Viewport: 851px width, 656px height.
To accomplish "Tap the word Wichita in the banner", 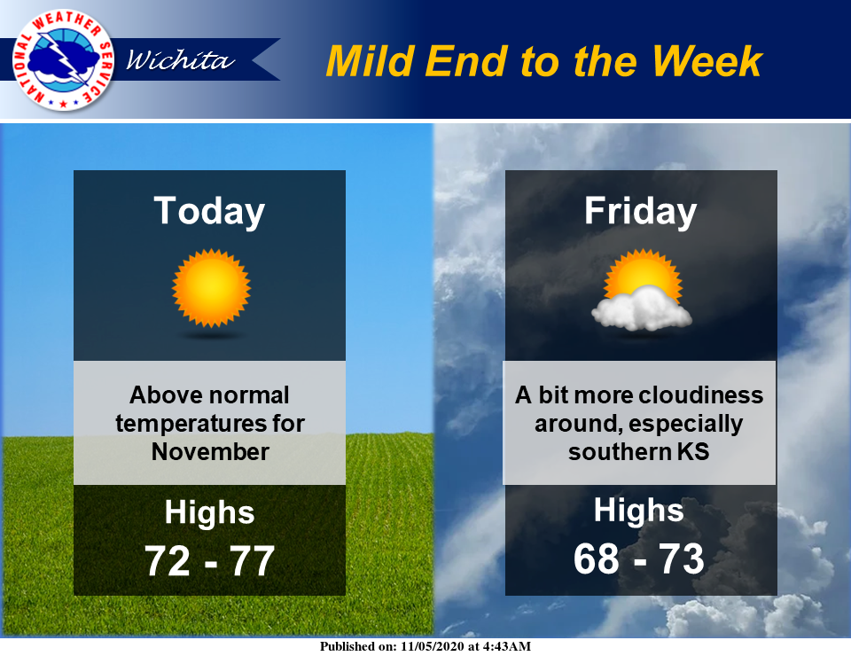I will click(x=180, y=60).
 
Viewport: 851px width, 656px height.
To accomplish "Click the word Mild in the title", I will click(x=370, y=60).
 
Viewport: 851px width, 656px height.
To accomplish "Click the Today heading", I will click(x=209, y=211).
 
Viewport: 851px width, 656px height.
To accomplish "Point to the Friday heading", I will click(x=640, y=211).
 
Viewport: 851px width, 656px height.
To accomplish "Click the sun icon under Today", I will click(x=211, y=287).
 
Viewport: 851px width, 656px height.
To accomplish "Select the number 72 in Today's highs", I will click(x=168, y=560).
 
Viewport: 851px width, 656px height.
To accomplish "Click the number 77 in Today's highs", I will click(x=251, y=560).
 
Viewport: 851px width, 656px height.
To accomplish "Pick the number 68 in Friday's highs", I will click(x=597, y=558).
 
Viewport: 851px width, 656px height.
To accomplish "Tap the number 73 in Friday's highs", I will click(x=681, y=558).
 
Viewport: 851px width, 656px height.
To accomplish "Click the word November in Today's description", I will click(x=210, y=451).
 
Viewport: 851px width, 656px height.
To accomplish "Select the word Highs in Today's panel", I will click(x=209, y=513).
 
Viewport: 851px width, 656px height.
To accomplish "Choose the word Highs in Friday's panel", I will click(x=639, y=511).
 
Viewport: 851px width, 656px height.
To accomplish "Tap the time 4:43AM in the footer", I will click(x=505, y=646).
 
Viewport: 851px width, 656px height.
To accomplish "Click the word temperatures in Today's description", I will click(x=179, y=423).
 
